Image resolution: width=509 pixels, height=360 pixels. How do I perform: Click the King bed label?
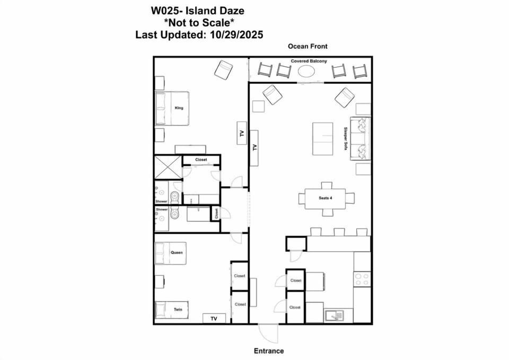(x=179, y=108)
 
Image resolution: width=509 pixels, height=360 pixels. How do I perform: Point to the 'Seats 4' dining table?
(x=326, y=198)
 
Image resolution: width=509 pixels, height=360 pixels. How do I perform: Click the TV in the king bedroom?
(x=242, y=133)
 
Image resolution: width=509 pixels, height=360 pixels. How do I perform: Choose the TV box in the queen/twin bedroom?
(x=214, y=319)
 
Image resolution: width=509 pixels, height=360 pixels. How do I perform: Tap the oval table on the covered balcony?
(x=306, y=71)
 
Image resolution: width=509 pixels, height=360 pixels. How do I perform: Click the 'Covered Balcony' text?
(x=305, y=62)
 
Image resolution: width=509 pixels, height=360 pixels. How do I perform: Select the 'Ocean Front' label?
(x=308, y=47)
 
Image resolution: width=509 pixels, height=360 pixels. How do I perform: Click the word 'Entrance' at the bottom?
(x=268, y=351)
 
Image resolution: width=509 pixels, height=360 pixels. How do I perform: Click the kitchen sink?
(x=335, y=316)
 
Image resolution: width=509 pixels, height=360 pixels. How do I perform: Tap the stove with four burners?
(x=362, y=279)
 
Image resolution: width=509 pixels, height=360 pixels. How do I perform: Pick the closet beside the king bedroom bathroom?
(x=201, y=160)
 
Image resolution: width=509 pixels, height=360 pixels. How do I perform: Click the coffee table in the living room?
(x=322, y=139)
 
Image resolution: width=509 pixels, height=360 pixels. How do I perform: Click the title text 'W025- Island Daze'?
(x=198, y=10)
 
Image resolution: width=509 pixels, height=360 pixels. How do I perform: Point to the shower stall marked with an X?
(x=168, y=168)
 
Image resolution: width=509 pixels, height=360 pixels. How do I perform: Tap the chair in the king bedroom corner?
(x=223, y=69)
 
